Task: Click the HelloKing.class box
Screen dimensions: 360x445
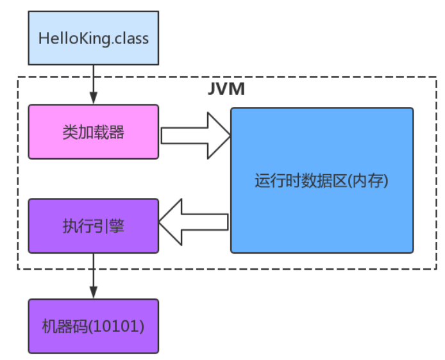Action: [94, 38]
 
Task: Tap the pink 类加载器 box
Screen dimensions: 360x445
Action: [94, 132]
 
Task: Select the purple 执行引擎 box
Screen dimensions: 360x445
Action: [94, 225]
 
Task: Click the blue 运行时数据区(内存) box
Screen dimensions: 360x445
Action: [322, 180]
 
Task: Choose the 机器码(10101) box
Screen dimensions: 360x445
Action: [94, 326]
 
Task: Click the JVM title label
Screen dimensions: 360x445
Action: [226, 88]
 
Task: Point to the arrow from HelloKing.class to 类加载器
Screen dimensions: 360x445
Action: [94, 83]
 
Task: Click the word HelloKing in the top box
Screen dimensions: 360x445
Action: [70, 38]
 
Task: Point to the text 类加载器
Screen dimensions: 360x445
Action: [94, 132]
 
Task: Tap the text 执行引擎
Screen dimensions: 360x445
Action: [94, 225]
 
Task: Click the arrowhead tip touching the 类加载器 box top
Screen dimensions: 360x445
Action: [94, 103]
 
